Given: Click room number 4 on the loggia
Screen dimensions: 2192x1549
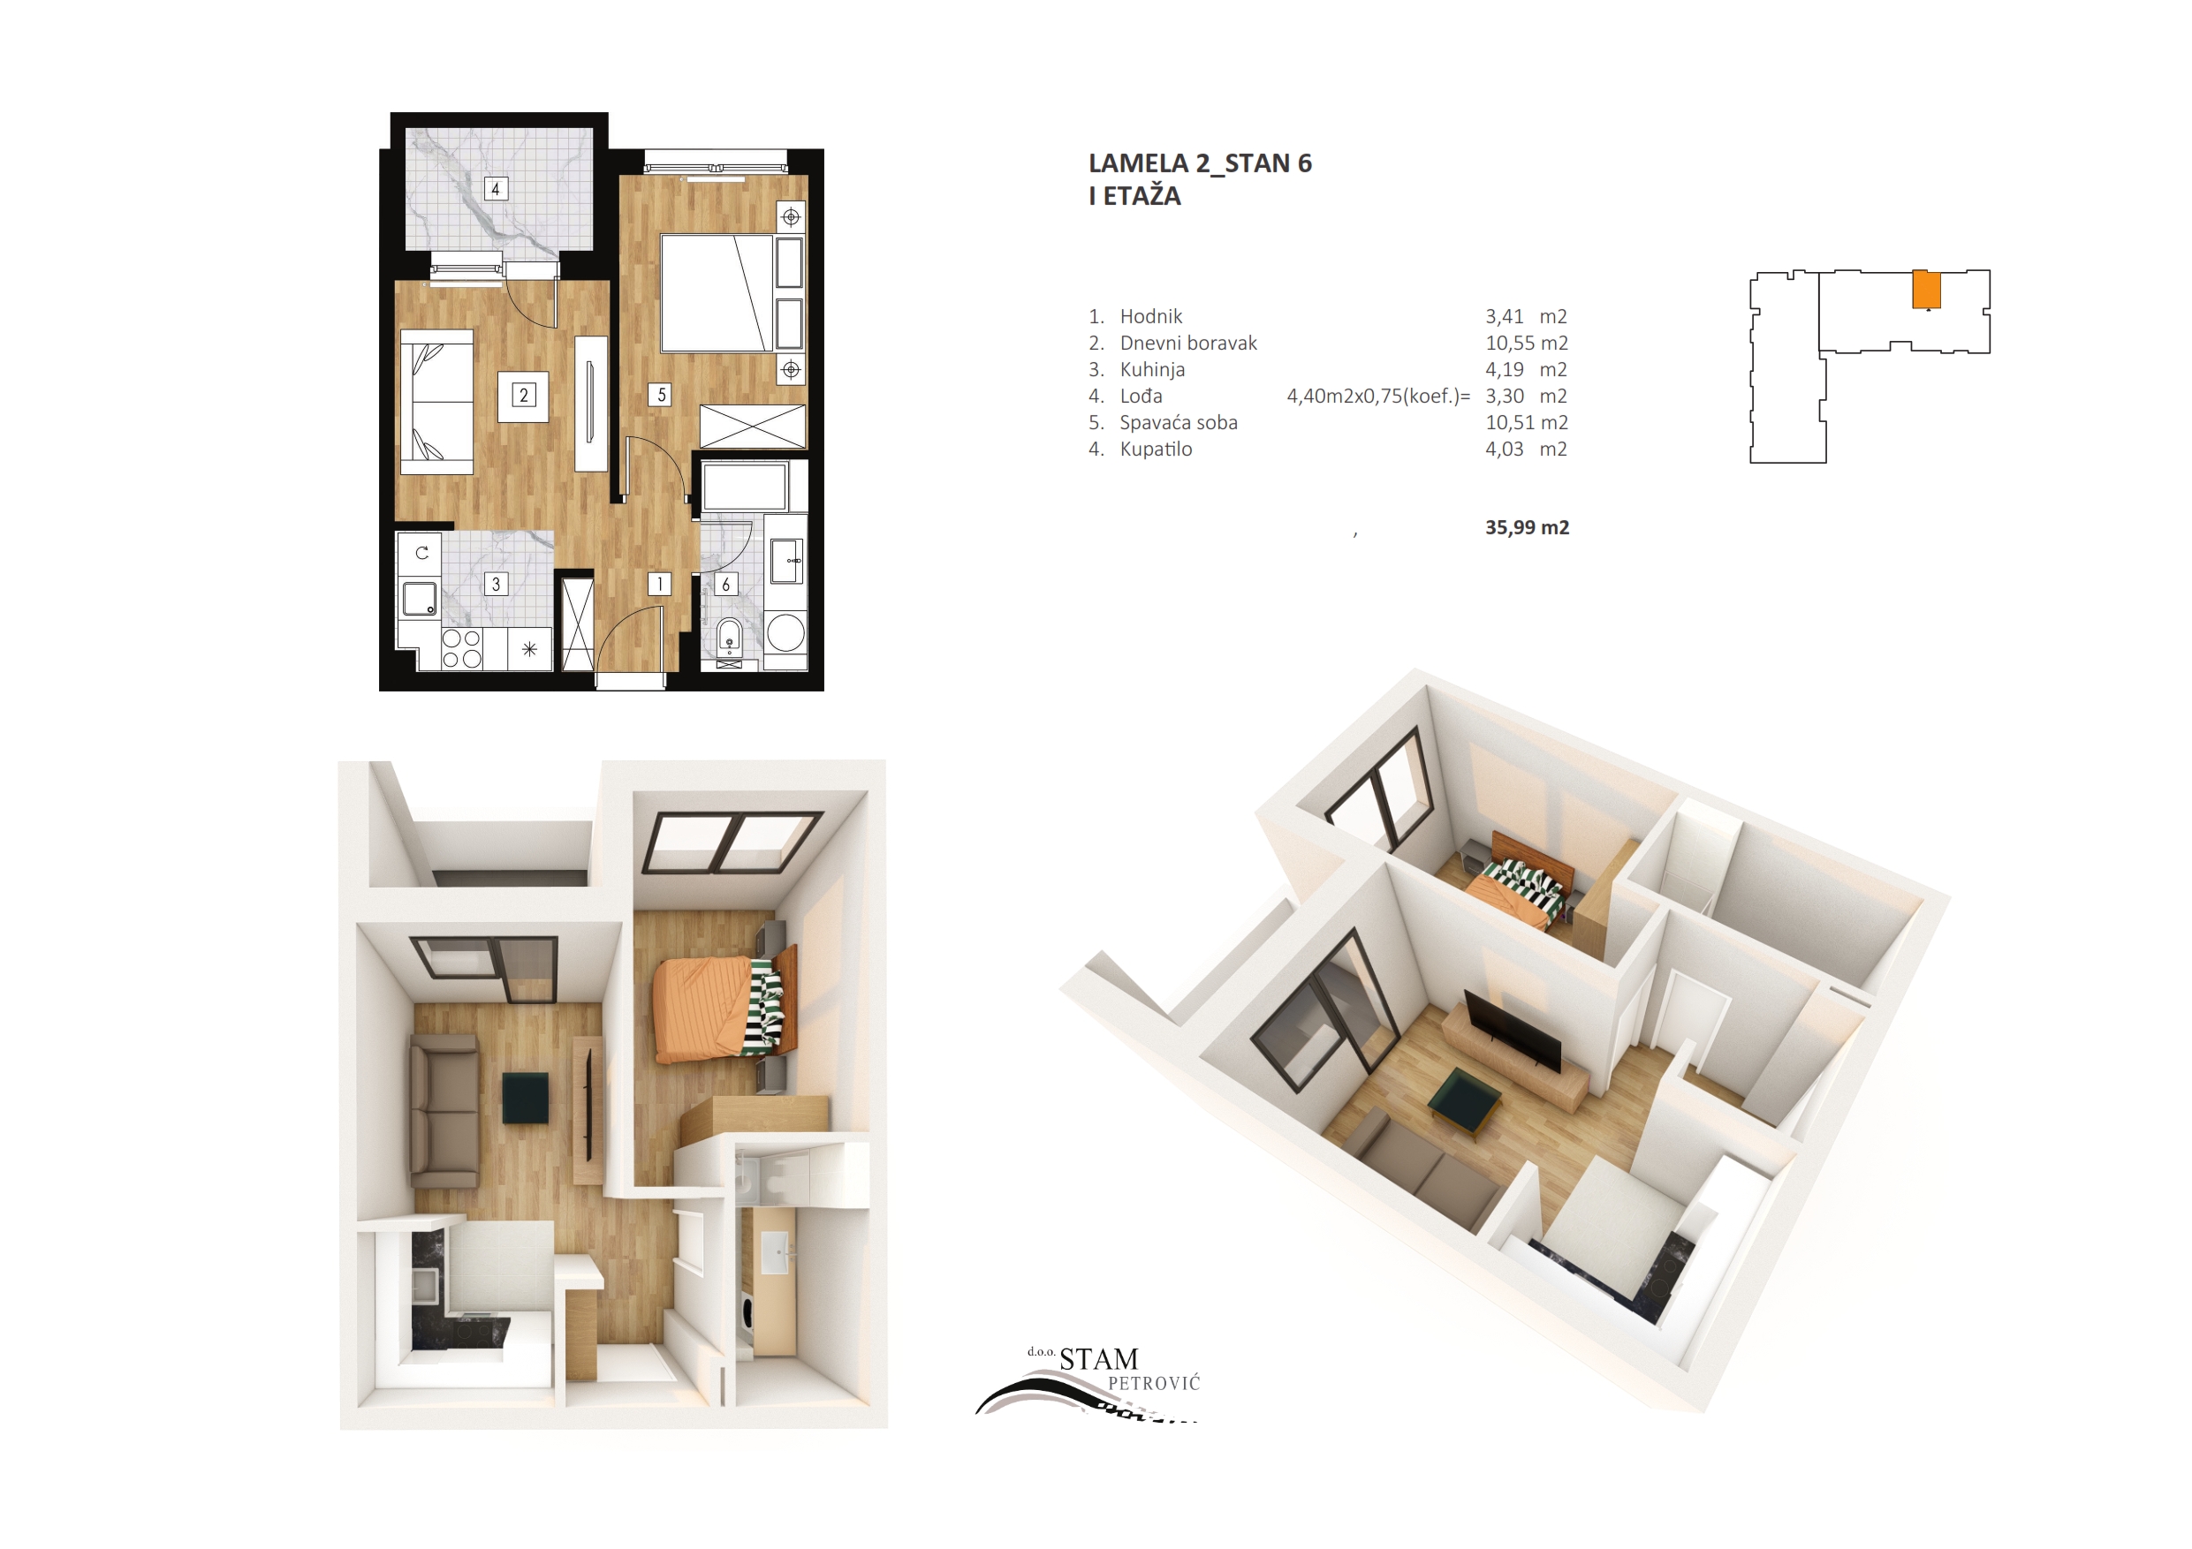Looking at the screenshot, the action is [x=495, y=188].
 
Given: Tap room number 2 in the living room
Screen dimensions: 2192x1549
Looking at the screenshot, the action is [x=523, y=395].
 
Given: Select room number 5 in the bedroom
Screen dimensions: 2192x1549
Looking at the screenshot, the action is [x=661, y=394].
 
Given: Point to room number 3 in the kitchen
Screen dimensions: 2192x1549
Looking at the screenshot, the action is [x=496, y=584].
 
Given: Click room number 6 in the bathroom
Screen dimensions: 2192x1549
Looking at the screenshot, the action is [x=725, y=584].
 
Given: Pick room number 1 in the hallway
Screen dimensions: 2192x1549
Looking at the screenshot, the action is [x=660, y=583].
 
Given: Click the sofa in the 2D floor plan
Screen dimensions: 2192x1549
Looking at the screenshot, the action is [x=436, y=402].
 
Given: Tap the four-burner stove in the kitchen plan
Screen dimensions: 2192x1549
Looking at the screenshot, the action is [x=462, y=649].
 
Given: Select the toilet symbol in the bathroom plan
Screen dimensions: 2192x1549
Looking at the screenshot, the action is [x=730, y=637].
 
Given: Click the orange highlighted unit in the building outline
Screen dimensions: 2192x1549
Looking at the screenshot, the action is [x=1927, y=291].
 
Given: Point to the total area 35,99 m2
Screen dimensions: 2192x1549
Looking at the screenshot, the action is [x=1527, y=527].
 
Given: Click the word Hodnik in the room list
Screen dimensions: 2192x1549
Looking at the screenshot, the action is [x=1151, y=316].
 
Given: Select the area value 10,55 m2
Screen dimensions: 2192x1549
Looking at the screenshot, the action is [x=1527, y=343].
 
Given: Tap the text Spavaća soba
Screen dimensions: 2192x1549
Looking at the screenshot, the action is [x=1179, y=423].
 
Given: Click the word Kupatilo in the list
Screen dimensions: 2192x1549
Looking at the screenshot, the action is [x=1157, y=449].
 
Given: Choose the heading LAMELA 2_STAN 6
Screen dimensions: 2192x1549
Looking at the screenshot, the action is [x=1200, y=163].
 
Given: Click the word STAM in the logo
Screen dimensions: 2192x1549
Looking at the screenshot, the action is [x=1099, y=1359].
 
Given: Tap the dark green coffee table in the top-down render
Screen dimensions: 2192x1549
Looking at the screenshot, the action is [x=526, y=1098].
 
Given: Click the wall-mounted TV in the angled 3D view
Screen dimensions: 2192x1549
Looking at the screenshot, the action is [x=1513, y=1031].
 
